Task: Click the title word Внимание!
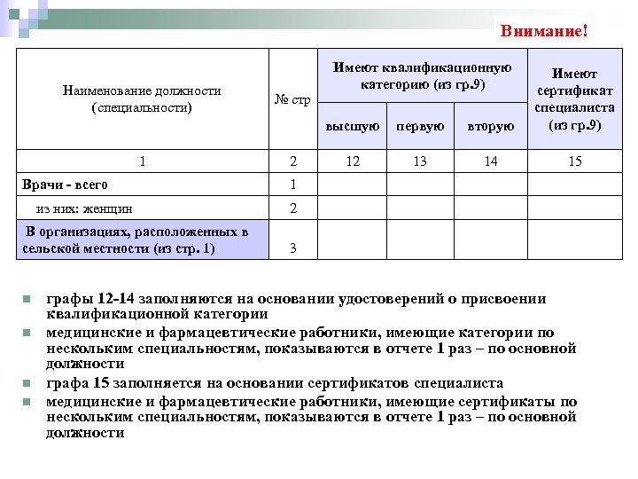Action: click(x=543, y=31)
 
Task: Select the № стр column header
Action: click(x=292, y=100)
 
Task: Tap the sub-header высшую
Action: click(x=354, y=126)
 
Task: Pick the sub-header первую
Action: click(x=420, y=126)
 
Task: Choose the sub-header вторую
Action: click(x=492, y=126)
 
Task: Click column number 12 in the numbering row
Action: click(x=354, y=161)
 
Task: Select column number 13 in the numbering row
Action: click(x=420, y=161)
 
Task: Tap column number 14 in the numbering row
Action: click(x=492, y=161)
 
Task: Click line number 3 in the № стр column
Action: click(x=292, y=249)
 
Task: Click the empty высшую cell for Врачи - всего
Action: click(x=354, y=185)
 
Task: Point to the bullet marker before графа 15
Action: click(x=28, y=384)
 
